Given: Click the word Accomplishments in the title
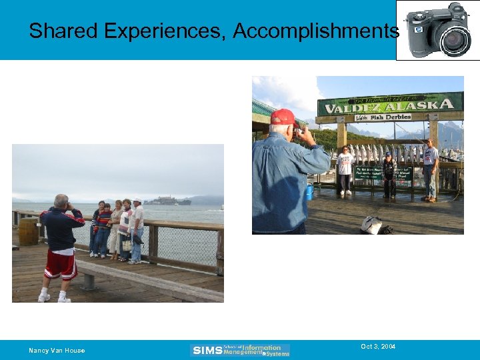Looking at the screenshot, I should point(316,31).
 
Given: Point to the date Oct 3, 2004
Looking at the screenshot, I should point(378,347).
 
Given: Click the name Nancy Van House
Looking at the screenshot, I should point(57,351).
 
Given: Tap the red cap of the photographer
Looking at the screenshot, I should point(284,117).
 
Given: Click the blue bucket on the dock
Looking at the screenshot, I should point(309,192).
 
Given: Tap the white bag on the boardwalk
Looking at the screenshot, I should point(371,225).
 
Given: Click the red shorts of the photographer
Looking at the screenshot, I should point(60,265).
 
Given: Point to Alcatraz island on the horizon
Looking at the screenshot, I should point(167,201).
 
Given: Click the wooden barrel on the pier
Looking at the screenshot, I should point(28,231).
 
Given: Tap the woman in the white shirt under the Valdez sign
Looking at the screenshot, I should point(345,169).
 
